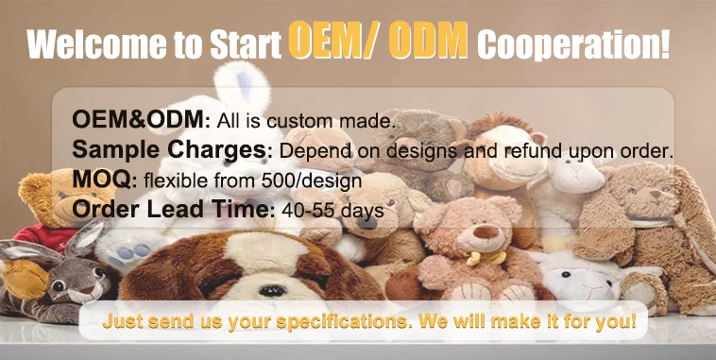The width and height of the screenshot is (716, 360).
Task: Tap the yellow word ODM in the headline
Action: point(429,41)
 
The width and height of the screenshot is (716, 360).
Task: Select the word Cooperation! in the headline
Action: point(573,45)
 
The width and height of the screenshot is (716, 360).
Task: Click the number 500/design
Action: point(312,180)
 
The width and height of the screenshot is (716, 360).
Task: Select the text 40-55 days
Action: point(332,210)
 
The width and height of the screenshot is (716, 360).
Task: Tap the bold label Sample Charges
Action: point(169,150)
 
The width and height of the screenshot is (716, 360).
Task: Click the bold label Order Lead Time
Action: point(171,210)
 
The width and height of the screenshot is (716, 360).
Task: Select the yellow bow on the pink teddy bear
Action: point(486,258)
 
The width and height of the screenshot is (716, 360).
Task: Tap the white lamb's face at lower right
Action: point(577,284)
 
